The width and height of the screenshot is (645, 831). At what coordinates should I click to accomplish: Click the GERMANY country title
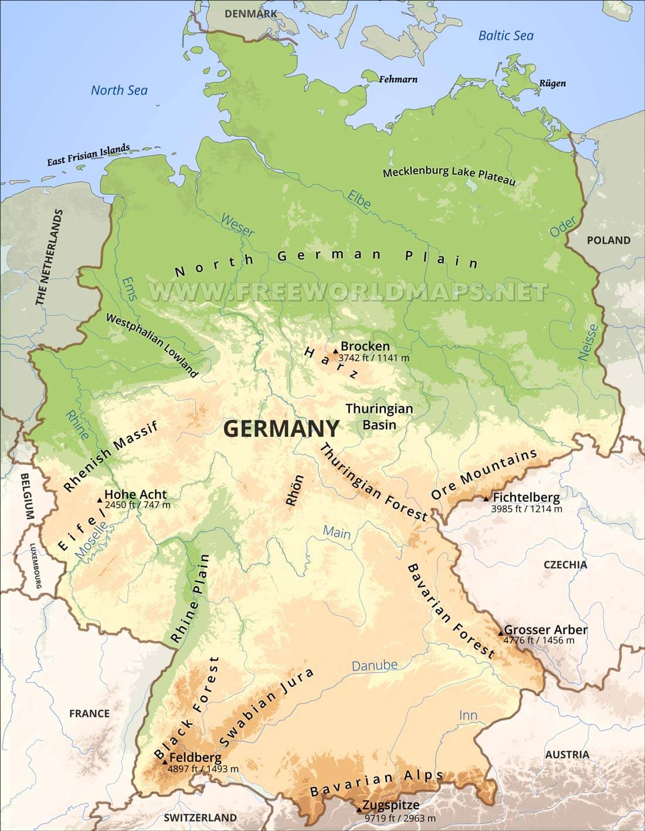coord(281,429)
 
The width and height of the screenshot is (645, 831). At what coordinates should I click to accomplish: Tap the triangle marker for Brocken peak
coord(335,351)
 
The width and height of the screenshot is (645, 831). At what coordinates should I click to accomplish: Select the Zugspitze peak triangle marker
coord(359,810)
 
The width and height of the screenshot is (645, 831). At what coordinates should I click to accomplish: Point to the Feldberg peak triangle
coord(165,762)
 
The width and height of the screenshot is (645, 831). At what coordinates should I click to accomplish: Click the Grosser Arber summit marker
coord(500,633)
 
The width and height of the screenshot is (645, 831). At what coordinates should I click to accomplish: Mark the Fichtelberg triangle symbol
coord(486,498)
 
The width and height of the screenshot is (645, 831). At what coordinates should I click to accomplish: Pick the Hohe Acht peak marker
coord(100,500)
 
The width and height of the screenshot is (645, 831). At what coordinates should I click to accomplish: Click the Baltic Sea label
coord(505,36)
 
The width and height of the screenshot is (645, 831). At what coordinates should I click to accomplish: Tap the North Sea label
coord(119,90)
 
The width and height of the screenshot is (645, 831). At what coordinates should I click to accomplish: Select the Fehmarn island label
coord(398,79)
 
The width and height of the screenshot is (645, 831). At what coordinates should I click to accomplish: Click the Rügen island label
coord(552,83)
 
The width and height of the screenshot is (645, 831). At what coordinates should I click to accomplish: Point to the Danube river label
coord(374,666)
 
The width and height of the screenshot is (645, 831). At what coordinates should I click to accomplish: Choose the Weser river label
coord(237,225)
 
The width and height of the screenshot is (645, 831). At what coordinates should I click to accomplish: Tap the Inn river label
coord(468,715)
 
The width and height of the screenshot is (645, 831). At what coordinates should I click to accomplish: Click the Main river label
coord(337,534)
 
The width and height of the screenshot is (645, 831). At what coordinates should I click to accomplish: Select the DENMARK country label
coord(252,13)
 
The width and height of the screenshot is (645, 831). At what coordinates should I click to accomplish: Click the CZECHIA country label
coord(565,564)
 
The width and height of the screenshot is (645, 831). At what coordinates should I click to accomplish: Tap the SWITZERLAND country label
coord(200,818)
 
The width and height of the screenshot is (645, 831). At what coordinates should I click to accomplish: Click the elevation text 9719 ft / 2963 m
coord(400,818)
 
